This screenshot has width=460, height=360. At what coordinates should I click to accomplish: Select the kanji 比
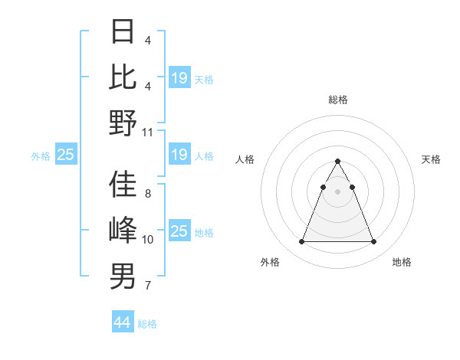click(x=123, y=77)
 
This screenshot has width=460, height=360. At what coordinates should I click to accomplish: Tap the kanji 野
click(x=123, y=123)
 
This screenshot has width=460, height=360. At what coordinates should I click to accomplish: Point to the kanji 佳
click(x=123, y=184)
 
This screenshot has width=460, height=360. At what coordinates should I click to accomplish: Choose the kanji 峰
click(x=123, y=230)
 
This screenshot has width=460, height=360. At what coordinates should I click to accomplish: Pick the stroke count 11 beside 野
click(x=148, y=133)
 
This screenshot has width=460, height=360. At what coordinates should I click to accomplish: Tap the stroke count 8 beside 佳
click(x=148, y=194)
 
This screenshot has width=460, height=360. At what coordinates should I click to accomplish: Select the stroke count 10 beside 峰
click(x=148, y=240)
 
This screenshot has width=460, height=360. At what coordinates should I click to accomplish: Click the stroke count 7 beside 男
click(x=148, y=286)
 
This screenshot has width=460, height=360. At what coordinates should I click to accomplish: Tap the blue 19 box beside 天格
click(x=179, y=78)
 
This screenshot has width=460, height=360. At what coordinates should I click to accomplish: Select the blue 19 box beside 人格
click(x=179, y=155)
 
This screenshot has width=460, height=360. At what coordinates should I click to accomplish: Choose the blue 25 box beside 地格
click(x=179, y=231)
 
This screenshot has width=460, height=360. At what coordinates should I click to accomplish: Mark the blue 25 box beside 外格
click(x=66, y=155)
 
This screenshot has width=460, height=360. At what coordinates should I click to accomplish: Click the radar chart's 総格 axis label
click(x=337, y=100)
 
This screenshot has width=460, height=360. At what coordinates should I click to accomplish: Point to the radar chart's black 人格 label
click(x=245, y=159)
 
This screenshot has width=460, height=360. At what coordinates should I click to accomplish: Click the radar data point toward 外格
click(x=301, y=242)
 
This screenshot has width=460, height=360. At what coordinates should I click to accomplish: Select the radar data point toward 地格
click(x=373, y=242)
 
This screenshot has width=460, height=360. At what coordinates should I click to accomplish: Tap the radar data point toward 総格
click(x=337, y=162)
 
